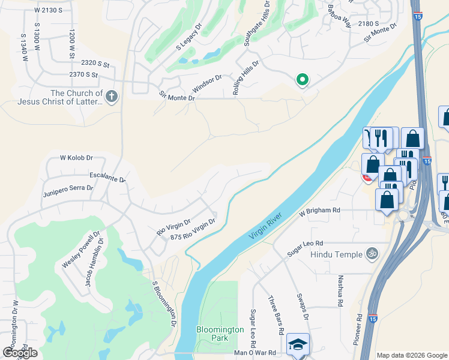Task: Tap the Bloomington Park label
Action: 220,334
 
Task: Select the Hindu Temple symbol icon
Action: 372,254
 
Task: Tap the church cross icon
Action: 111,96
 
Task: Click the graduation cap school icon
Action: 298,345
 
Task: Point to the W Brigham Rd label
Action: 320,211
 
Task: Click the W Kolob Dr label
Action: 76,158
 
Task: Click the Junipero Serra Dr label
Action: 68,191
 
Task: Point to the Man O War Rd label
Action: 255,353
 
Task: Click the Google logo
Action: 20,352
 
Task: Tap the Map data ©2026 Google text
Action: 412,355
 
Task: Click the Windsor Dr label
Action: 207,82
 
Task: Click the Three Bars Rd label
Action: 276,316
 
